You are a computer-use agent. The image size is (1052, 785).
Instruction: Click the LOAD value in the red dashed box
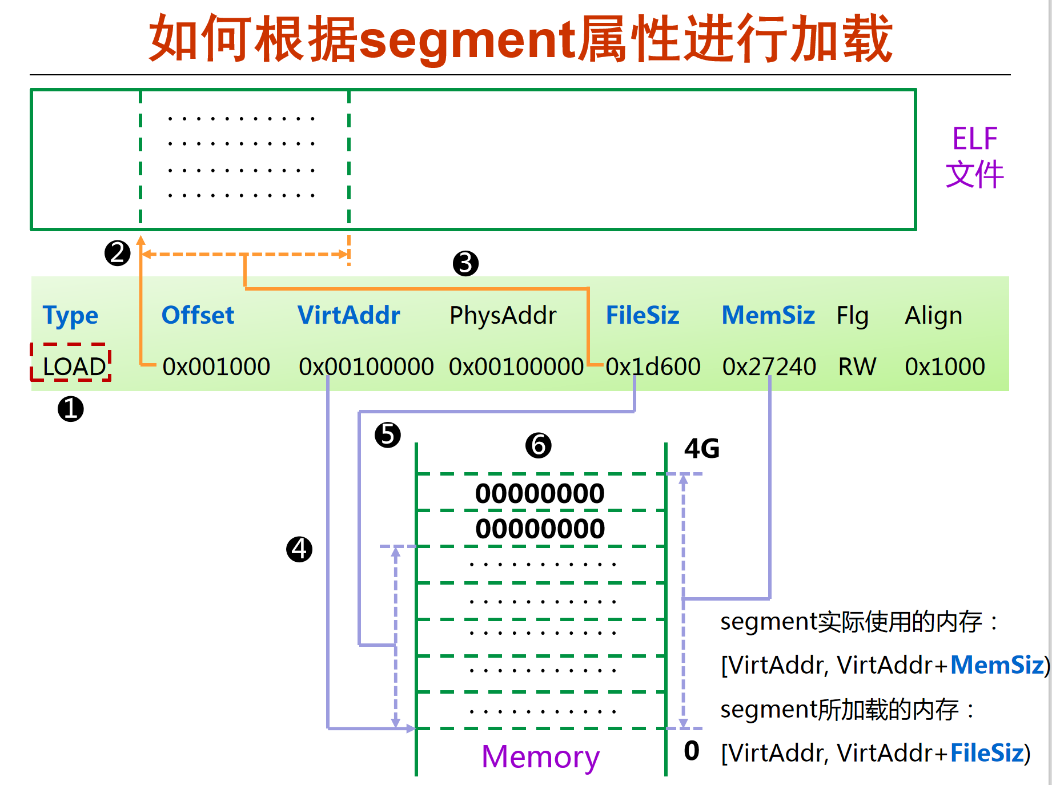(74, 366)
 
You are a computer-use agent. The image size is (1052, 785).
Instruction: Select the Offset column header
(198, 315)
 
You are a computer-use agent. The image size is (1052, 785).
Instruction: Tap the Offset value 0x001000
(216, 367)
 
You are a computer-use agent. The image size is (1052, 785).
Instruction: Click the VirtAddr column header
(348, 315)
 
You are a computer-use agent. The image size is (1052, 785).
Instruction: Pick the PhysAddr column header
(503, 315)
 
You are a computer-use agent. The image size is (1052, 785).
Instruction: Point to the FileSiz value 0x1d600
(653, 367)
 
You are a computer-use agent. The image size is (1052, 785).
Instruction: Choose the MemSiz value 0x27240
(769, 367)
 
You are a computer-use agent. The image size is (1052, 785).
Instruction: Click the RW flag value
(857, 367)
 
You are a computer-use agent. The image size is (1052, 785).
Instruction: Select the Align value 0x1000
(945, 367)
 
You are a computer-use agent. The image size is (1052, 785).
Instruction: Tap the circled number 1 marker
(71, 409)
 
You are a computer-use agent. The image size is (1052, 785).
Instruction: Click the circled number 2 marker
(118, 253)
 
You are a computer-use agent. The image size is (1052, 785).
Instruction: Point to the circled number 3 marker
(465, 263)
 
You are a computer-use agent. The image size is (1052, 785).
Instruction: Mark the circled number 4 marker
(299, 549)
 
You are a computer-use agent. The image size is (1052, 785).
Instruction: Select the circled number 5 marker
(388, 435)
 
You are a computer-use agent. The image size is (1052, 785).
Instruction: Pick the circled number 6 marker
(538, 445)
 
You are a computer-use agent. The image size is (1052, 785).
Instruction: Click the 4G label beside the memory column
(702, 449)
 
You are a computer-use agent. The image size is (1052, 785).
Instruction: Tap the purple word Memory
(540, 757)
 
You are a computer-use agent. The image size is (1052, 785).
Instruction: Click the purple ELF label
(974, 139)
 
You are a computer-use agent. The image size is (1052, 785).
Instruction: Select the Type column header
(70, 315)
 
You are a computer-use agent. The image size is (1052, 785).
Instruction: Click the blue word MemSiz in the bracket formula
(997, 665)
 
